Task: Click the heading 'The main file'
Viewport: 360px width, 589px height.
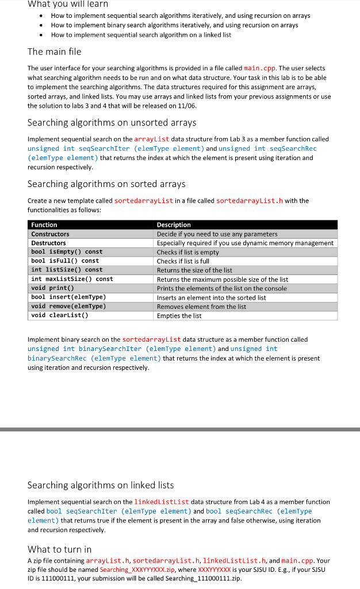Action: pyautogui.click(x=55, y=52)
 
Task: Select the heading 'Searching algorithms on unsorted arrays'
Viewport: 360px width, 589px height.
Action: pyautogui.click(x=112, y=123)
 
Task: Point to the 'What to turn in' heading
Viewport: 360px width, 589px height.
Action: pyautogui.click(x=59, y=549)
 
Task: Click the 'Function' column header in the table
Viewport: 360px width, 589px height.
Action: pyautogui.click(x=44, y=225)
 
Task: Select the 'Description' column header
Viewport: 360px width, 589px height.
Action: pyautogui.click(x=174, y=225)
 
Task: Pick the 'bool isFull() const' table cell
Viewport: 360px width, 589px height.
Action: pyautogui.click(x=65, y=261)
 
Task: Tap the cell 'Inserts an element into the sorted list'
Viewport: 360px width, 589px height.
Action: pyautogui.click(x=211, y=297)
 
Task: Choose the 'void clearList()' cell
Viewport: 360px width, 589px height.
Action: pyautogui.click(x=60, y=315)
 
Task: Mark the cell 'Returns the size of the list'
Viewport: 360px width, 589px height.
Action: pyautogui.click(x=194, y=270)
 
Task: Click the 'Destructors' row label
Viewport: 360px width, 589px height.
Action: pyautogui.click(x=49, y=243)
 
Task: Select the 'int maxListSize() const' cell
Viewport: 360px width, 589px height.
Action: pyautogui.click(x=72, y=279)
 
